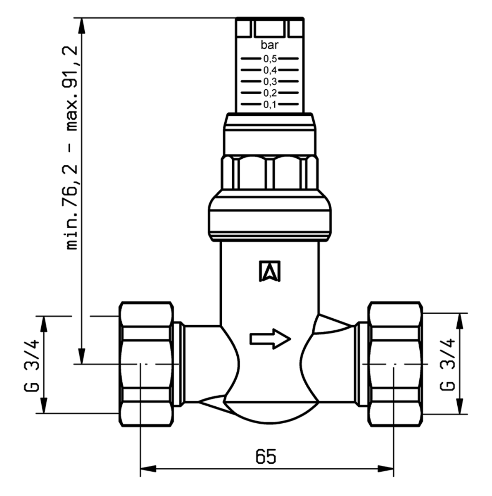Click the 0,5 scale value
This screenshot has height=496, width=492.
click(270, 59)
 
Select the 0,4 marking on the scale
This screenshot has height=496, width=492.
click(270, 70)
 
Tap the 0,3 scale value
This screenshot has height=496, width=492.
click(270, 81)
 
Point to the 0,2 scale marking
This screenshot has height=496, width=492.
click(270, 93)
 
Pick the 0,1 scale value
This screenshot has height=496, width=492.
click(270, 104)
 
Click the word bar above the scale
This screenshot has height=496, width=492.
click(269, 45)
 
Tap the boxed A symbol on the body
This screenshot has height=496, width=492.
click(270, 271)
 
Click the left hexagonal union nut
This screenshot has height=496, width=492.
click(146, 364)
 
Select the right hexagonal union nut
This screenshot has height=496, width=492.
click(396, 364)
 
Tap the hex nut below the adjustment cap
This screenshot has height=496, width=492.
click(270, 172)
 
